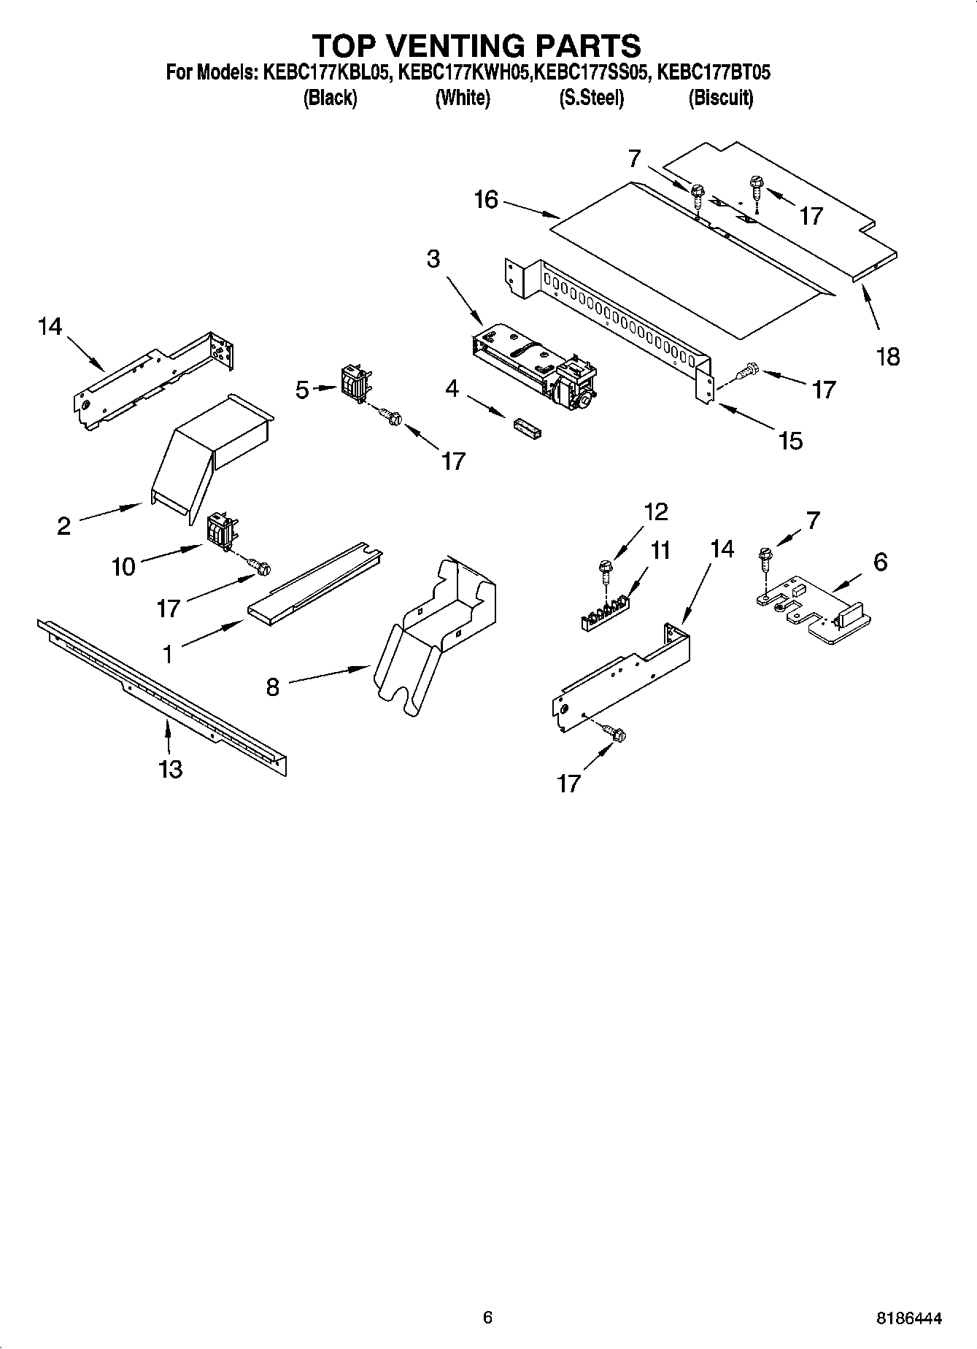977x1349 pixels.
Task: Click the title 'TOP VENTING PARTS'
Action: (476, 45)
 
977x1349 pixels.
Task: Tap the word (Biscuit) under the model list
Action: (720, 98)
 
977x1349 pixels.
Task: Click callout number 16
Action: (486, 200)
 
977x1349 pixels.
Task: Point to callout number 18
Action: (888, 357)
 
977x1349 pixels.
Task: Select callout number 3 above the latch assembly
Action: (433, 259)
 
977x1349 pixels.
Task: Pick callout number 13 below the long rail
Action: (170, 769)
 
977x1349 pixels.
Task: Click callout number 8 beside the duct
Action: (272, 687)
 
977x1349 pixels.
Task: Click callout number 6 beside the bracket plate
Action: (880, 562)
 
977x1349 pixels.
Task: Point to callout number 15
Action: (790, 440)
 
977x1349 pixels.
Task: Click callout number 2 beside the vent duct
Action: (64, 525)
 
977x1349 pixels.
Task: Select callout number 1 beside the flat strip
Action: (168, 654)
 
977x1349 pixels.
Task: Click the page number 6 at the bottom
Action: (487, 1317)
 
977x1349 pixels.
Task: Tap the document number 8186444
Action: (908, 1318)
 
